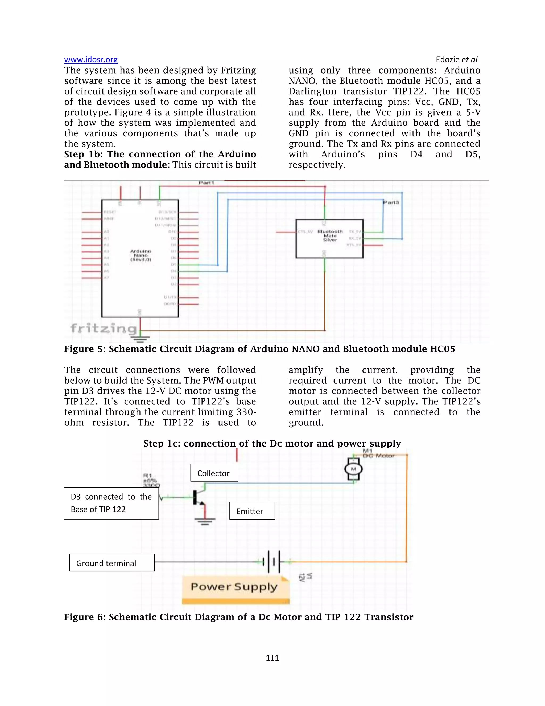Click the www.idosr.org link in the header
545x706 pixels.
pos(91,59)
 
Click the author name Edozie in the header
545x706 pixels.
pos(448,59)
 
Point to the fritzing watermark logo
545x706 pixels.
pos(103,328)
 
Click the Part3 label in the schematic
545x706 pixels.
pos(391,202)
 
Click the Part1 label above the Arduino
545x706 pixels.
pos(206,183)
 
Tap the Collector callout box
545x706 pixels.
pos(214,473)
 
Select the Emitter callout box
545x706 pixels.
pos(252,511)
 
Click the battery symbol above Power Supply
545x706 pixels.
pos(271,562)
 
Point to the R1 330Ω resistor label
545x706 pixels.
pos(151,480)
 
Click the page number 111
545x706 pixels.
pos(272,658)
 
